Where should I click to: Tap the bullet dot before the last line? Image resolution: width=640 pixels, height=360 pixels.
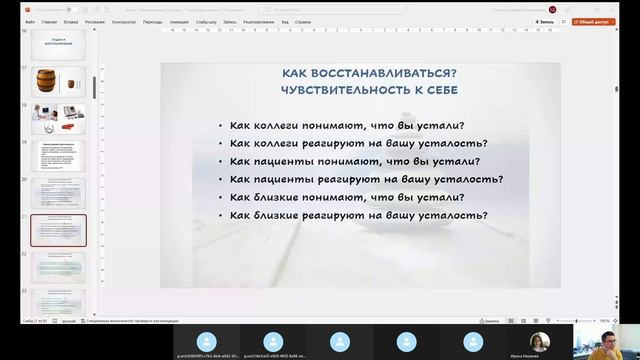click(220, 216)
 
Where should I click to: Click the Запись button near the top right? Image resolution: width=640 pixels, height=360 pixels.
click(546, 21)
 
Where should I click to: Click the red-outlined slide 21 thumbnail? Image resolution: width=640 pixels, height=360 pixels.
click(59, 230)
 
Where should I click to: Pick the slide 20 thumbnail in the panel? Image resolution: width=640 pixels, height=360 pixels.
click(59, 193)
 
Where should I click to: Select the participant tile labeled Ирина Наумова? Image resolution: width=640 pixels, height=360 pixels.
click(541, 341)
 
